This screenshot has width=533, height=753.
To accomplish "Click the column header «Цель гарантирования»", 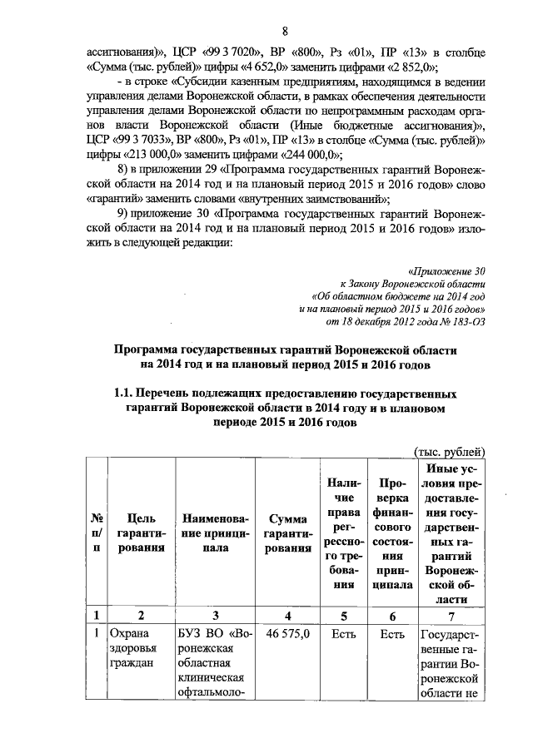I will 142,535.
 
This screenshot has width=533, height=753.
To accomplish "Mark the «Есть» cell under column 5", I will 341,634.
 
